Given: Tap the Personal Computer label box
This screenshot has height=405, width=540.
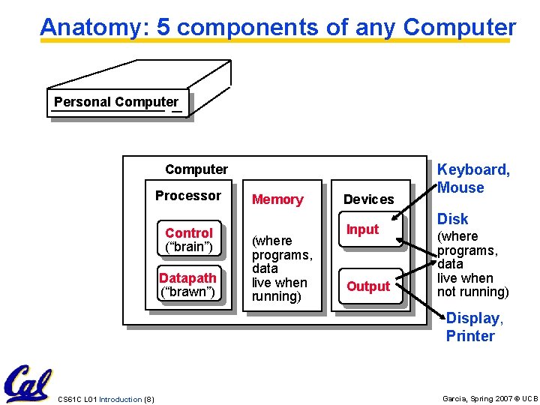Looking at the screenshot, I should point(116,103).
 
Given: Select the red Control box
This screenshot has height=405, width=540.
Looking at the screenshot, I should point(189,239).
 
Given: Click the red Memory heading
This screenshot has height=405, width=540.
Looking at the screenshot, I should point(277,199).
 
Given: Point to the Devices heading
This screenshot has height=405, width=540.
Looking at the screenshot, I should point(368,199).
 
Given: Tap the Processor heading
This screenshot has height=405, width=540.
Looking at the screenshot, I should point(188,196).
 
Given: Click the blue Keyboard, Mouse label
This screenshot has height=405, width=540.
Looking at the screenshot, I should point(472,178).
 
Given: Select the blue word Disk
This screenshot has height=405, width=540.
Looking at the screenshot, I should point(452,219).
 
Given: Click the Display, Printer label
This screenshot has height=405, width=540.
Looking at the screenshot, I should point(474,327).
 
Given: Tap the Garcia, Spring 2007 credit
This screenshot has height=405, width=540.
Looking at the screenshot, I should point(490,399).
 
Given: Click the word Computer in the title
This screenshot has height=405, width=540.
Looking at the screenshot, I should point(459,28).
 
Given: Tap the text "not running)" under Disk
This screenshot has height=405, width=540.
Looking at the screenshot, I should point(472,292).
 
